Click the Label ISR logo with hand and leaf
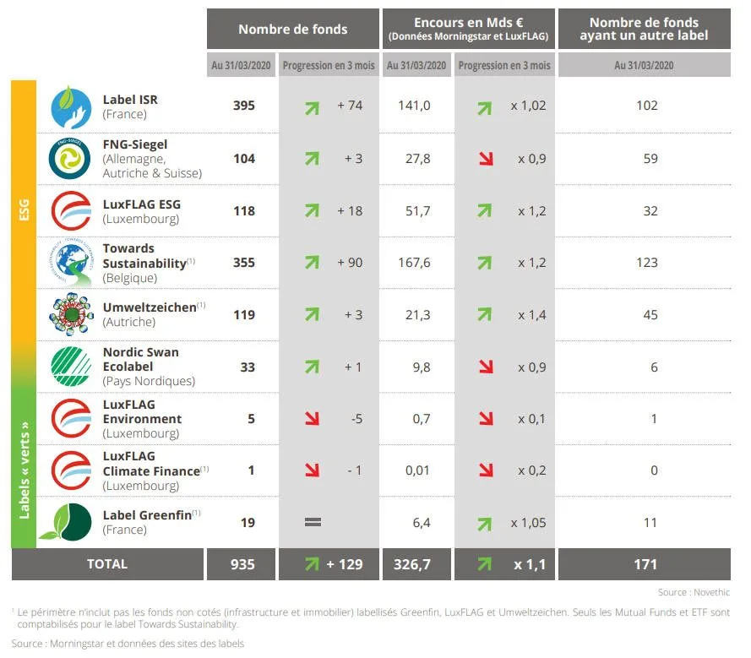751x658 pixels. point(71,106)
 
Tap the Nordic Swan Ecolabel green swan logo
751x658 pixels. point(71,367)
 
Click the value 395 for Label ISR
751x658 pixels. point(244,106)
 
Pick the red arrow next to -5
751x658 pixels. point(312,419)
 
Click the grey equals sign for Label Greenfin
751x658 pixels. point(312,523)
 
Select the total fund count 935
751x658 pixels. point(242,564)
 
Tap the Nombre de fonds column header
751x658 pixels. point(292,29)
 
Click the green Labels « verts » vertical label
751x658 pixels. point(24,468)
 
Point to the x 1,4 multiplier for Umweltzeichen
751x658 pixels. point(531,315)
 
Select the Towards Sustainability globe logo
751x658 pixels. point(71,263)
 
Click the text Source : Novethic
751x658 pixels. point(694,592)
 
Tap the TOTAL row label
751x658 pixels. point(107,564)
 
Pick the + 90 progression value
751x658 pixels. point(350,263)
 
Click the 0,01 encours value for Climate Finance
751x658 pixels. point(416,470)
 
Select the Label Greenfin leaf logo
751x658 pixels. point(71,523)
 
